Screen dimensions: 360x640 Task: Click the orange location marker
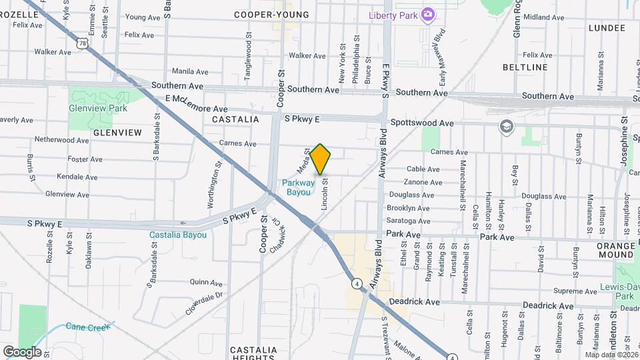(x=321, y=159)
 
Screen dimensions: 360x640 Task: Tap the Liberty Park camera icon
(x=428, y=14)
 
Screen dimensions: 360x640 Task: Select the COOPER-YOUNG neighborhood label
(x=271, y=15)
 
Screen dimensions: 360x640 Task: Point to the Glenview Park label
(x=98, y=108)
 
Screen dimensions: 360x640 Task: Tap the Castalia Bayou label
(x=177, y=235)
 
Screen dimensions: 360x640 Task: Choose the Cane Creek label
(x=85, y=327)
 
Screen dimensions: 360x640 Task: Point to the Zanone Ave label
(x=423, y=181)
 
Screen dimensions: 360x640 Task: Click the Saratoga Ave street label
(x=409, y=221)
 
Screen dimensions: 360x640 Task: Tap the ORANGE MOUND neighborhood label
(x=616, y=250)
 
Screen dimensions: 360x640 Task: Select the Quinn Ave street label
(x=206, y=283)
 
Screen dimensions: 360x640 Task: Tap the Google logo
(x=22, y=351)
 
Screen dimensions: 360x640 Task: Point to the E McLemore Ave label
(x=197, y=109)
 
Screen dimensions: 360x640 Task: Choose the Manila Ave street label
(x=191, y=71)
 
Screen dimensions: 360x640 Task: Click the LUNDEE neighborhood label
(x=607, y=28)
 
